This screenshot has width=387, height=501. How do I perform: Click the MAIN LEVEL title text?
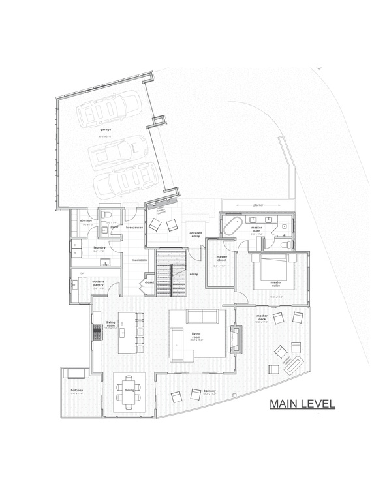[302, 405]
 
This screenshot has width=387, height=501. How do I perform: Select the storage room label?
[86, 220]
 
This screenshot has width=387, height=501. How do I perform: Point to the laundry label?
[100, 247]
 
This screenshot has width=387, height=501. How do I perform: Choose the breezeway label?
[134, 228]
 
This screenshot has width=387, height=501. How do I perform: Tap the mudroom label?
[138, 260]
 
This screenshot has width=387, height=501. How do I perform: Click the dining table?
[128, 390]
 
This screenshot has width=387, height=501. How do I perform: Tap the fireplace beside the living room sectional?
[236, 337]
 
